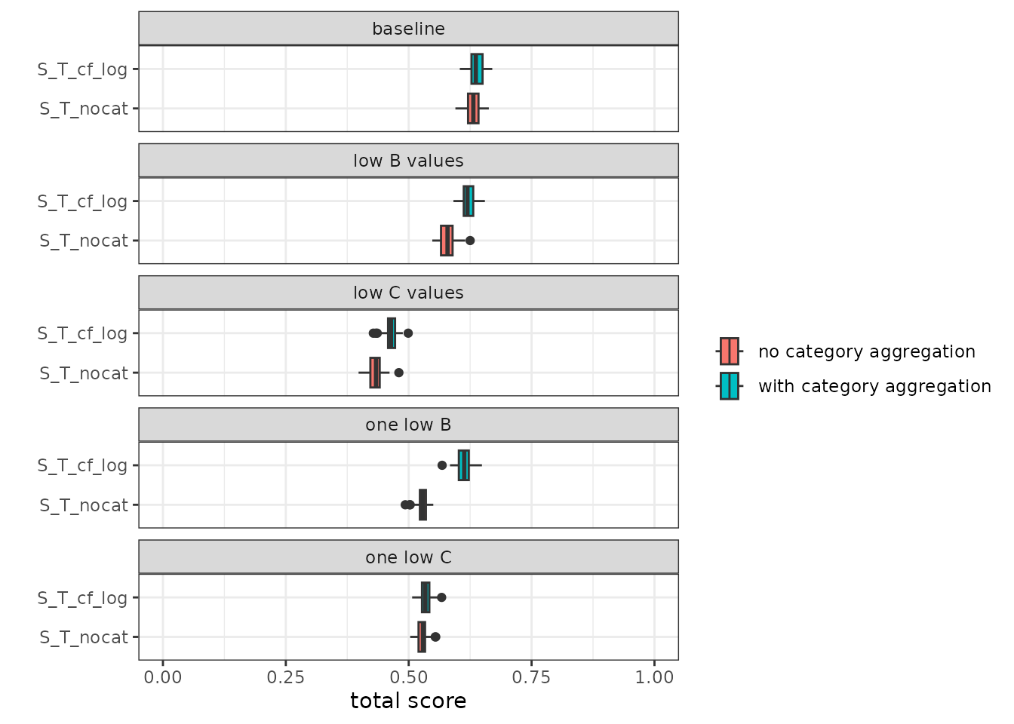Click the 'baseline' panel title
click(x=408, y=29)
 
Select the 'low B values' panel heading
click(x=408, y=161)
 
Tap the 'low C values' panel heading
click(x=408, y=293)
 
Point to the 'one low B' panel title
click(x=408, y=425)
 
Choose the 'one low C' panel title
click(x=408, y=557)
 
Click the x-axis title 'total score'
click(x=408, y=701)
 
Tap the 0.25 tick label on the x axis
click(x=286, y=677)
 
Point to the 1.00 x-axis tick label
click(x=654, y=677)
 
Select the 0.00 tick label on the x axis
click(x=163, y=677)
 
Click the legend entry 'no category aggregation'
click(x=866, y=351)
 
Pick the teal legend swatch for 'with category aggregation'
click(x=729, y=386)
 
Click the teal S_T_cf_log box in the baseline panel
click(x=477, y=69)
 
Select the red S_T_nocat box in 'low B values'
click(x=447, y=241)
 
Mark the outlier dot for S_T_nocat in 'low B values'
click(x=470, y=241)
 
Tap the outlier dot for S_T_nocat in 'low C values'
click(x=399, y=373)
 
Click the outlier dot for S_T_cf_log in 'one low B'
click(x=442, y=465)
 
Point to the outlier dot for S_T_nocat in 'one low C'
click(x=435, y=637)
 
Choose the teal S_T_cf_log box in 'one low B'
click(x=463, y=465)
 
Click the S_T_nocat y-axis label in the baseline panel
click(x=84, y=109)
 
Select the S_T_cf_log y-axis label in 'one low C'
click(x=83, y=598)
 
